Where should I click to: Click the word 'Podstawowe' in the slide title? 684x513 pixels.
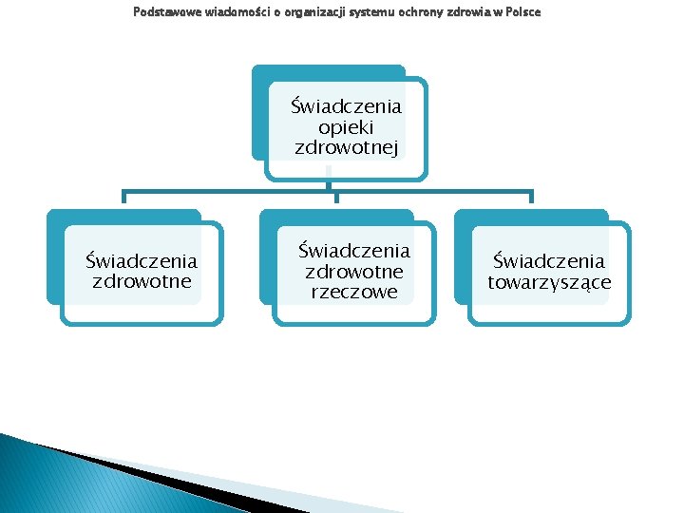[160, 11]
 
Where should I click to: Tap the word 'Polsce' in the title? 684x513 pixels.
[523, 11]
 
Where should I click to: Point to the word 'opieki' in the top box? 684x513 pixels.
[346, 126]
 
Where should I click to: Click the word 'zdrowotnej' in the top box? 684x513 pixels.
[346, 147]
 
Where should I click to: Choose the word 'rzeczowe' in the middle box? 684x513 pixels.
[353, 293]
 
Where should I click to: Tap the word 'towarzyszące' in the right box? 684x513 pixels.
[549, 282]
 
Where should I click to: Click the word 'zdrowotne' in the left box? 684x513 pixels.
[142, 281]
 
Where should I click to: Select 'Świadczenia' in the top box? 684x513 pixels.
[346, 104]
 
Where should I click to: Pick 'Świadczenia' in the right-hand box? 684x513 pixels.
[548, 260]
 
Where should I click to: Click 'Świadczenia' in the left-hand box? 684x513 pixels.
[142, 260]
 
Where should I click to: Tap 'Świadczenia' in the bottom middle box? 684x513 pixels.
[353, 251]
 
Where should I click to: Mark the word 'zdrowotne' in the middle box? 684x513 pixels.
[353, 272]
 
